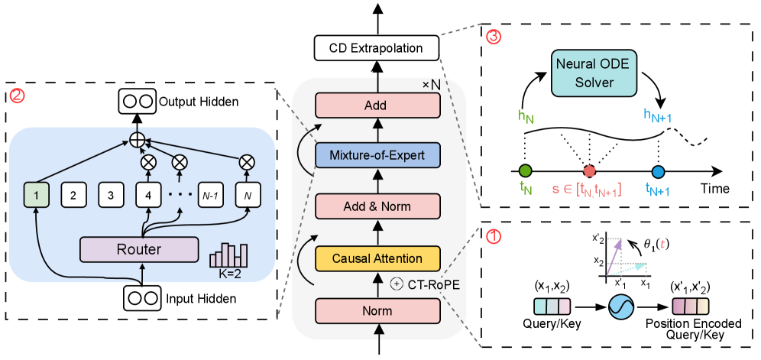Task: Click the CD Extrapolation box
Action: [x=376, y=48]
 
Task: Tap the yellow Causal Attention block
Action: [x=376, y=259]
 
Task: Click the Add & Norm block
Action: [x=376, y=206]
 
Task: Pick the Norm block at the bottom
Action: [x=376, y=311]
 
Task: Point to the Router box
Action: [x=138, y=248]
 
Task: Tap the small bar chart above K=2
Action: [x=229, y=255]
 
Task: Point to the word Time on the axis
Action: [x=714, y=188]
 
